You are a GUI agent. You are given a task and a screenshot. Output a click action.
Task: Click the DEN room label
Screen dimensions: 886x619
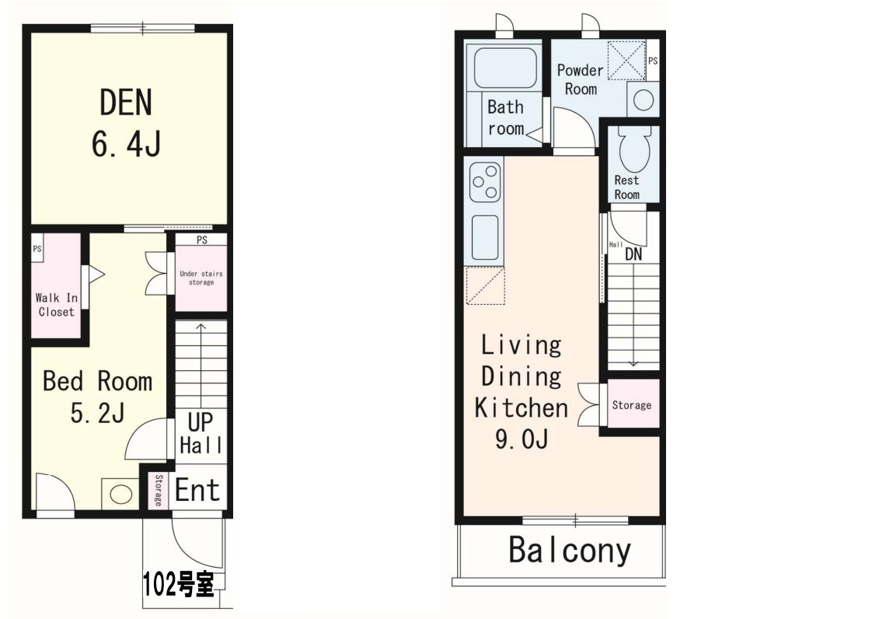click(125, 103)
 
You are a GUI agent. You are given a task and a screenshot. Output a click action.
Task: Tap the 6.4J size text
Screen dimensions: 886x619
click(126, 144)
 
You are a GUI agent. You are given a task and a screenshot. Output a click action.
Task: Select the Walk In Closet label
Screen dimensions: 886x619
click(56, 305)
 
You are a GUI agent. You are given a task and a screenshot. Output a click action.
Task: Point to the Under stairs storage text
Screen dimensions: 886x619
click(201, 278)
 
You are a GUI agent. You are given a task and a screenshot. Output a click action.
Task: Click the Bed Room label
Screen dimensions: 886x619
click(98, 382)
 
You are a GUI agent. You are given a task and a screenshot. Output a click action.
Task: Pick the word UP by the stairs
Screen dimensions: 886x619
click(201, 422)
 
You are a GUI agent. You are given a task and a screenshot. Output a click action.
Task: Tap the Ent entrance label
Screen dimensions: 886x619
click(197, 490)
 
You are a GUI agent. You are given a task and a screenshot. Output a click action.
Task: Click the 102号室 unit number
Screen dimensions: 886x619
click(179, 584)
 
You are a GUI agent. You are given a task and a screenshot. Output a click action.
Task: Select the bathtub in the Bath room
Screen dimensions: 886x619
click(505, 68)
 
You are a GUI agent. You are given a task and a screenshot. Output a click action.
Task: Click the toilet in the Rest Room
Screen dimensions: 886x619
click(635, 149)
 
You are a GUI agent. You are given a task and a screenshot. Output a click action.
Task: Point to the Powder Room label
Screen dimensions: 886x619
click(581, 79)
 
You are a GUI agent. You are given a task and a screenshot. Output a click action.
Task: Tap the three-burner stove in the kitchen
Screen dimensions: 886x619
click(487, 181)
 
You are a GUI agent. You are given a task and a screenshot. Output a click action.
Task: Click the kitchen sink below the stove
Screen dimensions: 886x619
click(485, 237)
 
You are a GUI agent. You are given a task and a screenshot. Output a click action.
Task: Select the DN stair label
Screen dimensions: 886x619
click(633, 254)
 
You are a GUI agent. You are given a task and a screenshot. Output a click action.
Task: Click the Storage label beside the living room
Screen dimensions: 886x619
click(632, 405)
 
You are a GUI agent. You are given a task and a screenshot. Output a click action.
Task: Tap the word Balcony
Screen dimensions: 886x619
click(570, 550)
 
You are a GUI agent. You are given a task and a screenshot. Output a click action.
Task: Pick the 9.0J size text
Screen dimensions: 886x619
click(521, 439)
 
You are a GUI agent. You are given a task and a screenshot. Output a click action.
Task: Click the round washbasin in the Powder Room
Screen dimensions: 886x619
click(644, 100)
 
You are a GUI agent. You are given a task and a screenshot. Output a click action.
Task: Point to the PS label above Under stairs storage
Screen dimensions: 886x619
click(202, 240)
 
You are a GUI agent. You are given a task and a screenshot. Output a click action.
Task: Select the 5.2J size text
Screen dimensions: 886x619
click(97, 413)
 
